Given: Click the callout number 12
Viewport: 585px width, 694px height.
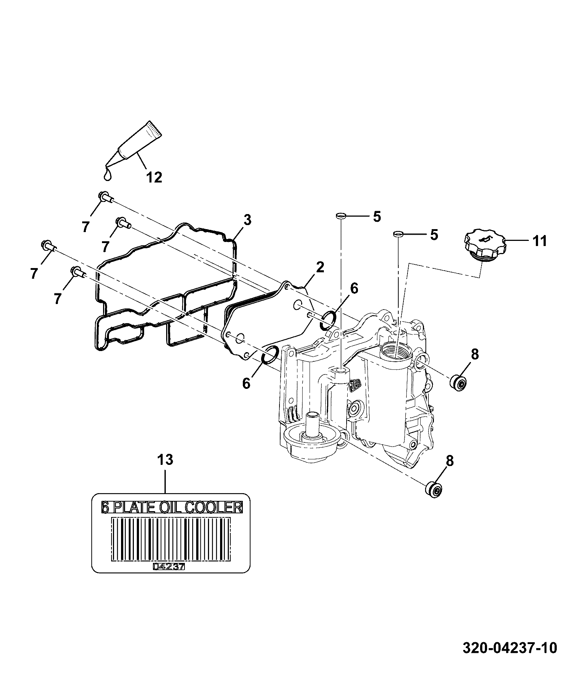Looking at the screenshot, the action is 154,177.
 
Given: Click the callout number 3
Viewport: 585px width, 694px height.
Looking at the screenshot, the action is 247,220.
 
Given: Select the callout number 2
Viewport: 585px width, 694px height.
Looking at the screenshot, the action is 320,267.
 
